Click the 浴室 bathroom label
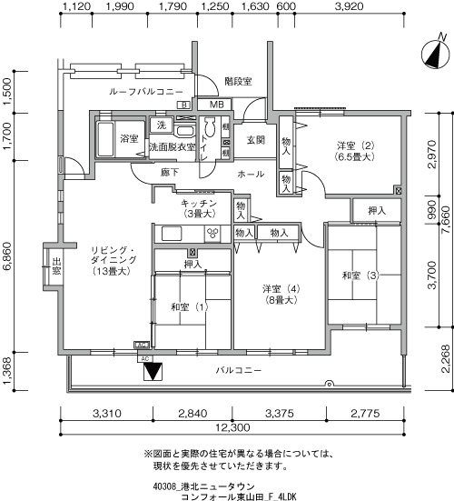point(129,138)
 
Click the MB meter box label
point(215,105)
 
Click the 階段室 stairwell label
point(238,81)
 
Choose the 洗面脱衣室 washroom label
point(173,145)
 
